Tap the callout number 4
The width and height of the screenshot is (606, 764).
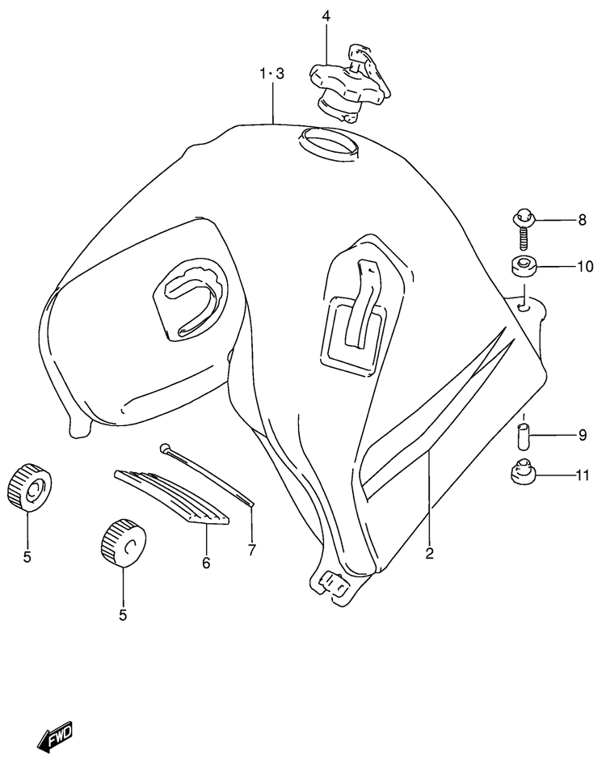click(x=326, y=16)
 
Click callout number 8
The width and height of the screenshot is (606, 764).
click(x=582, y=220)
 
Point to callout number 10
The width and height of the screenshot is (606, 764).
click(x=585, y=267)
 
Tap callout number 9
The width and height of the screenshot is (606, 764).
click(x=582, y=435)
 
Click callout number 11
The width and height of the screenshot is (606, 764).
click(x=583, y=475)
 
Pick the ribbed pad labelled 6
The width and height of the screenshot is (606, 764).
click(x=171, y=497)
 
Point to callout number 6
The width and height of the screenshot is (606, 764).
click(x=206, y=563)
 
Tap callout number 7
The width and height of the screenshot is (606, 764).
click(x=251, y=550)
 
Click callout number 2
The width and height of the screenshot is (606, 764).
click(x=429, y=553)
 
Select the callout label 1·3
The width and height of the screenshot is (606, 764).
click(x=271, y=74)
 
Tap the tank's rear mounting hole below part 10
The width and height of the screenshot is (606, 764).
click(x=524, y=308)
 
